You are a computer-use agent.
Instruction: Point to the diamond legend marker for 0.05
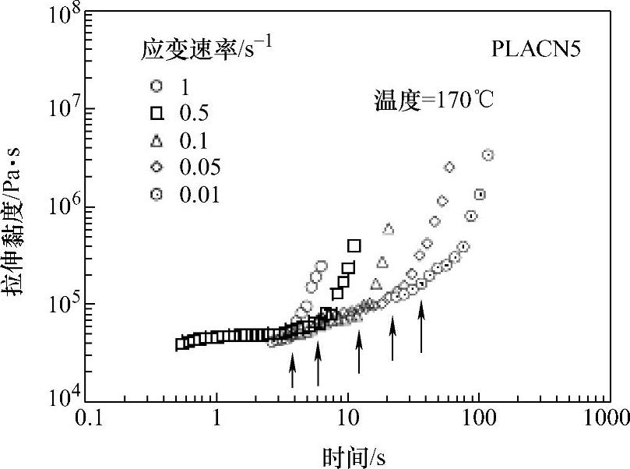(157, 167)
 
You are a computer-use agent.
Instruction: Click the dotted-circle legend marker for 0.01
(157, 194)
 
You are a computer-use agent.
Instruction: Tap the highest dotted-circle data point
(488, 155)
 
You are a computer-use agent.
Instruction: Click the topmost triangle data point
(389, 228)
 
